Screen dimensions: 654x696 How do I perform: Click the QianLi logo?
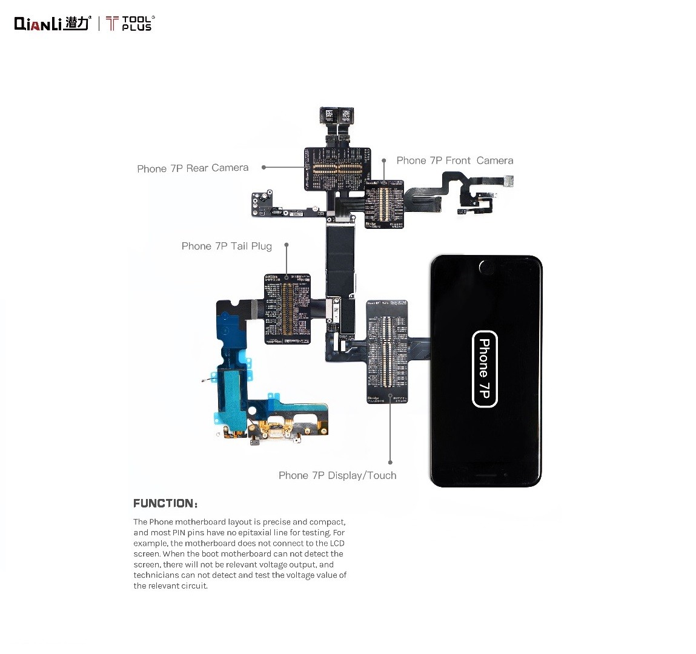click(52, 23)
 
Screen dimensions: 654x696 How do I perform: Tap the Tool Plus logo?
click(130, 24)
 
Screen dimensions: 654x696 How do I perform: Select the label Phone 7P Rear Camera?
click(193, 168)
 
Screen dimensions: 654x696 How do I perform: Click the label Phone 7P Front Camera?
click(454, 160)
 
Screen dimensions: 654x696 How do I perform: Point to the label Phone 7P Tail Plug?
click(227, 246)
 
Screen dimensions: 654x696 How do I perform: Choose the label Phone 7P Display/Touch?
click(337, 475)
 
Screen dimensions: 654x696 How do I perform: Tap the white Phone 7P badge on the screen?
click(485, 369)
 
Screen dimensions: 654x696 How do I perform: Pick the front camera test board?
click(385, 203)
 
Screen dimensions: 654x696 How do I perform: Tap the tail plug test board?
click(288, 309)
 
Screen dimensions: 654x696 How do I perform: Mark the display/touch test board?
click(387, 351)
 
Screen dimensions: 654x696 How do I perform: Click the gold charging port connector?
click(274, 431)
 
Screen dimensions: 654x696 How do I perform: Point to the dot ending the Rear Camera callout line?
click(263, 167)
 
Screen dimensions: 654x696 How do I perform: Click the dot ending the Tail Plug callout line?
click(287, 245)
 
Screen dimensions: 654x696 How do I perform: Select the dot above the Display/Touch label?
click(390, 463)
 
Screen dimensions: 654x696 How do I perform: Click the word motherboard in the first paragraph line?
click(197, 522)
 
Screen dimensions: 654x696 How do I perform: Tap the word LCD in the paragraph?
click(337, 543)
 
